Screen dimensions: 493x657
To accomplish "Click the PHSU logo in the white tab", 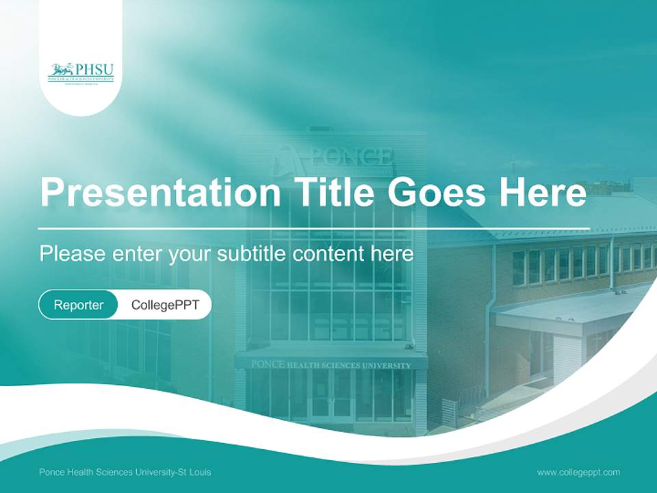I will (81, 72).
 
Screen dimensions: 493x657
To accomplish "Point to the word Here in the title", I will (543, 192).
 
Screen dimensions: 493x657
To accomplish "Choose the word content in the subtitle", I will (328, 254).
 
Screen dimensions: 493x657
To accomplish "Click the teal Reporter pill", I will (79, 305).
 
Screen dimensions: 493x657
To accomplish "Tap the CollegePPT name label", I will (165, 305).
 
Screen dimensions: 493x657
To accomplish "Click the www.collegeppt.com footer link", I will (578, 472).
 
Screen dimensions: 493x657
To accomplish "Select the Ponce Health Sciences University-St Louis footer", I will (125, 472).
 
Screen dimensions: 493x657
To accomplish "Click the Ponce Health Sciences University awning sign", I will (331, 364).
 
